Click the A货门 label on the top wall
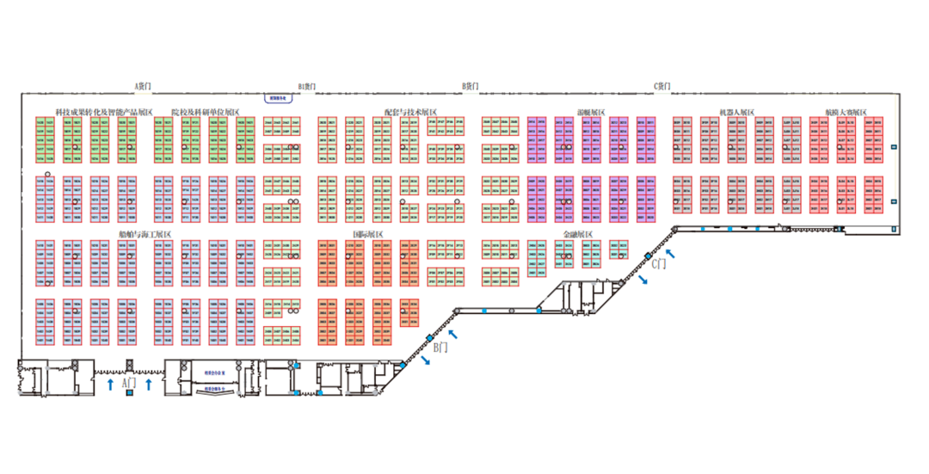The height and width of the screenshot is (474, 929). click(x=144, y=86)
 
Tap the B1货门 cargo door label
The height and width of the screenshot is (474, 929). click(x=307, y=86)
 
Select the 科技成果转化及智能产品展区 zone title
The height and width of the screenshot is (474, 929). click(x=103, y=112)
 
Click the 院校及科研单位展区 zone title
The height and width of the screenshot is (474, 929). click(x=206, y=112)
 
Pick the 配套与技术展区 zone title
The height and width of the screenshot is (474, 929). click(x=411, y=112)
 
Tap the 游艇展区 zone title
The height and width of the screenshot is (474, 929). click(x=592, y=112)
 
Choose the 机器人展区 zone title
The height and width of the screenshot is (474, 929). click(x=737, y=112)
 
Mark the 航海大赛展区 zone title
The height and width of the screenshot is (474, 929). click(x=846, y=112)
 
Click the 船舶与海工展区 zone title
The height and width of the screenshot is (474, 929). click(x=145, y=234)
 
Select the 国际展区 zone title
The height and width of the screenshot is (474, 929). click(x=368, y=234)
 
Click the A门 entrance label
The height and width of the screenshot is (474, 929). click(x=130, y=381)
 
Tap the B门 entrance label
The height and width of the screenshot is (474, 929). click(x=440, y=348)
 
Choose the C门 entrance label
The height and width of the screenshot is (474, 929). click(x=658, y=264)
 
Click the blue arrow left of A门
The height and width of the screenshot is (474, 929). click(x=110, y=384)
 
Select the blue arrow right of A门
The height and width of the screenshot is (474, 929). click(x=149, y=384)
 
